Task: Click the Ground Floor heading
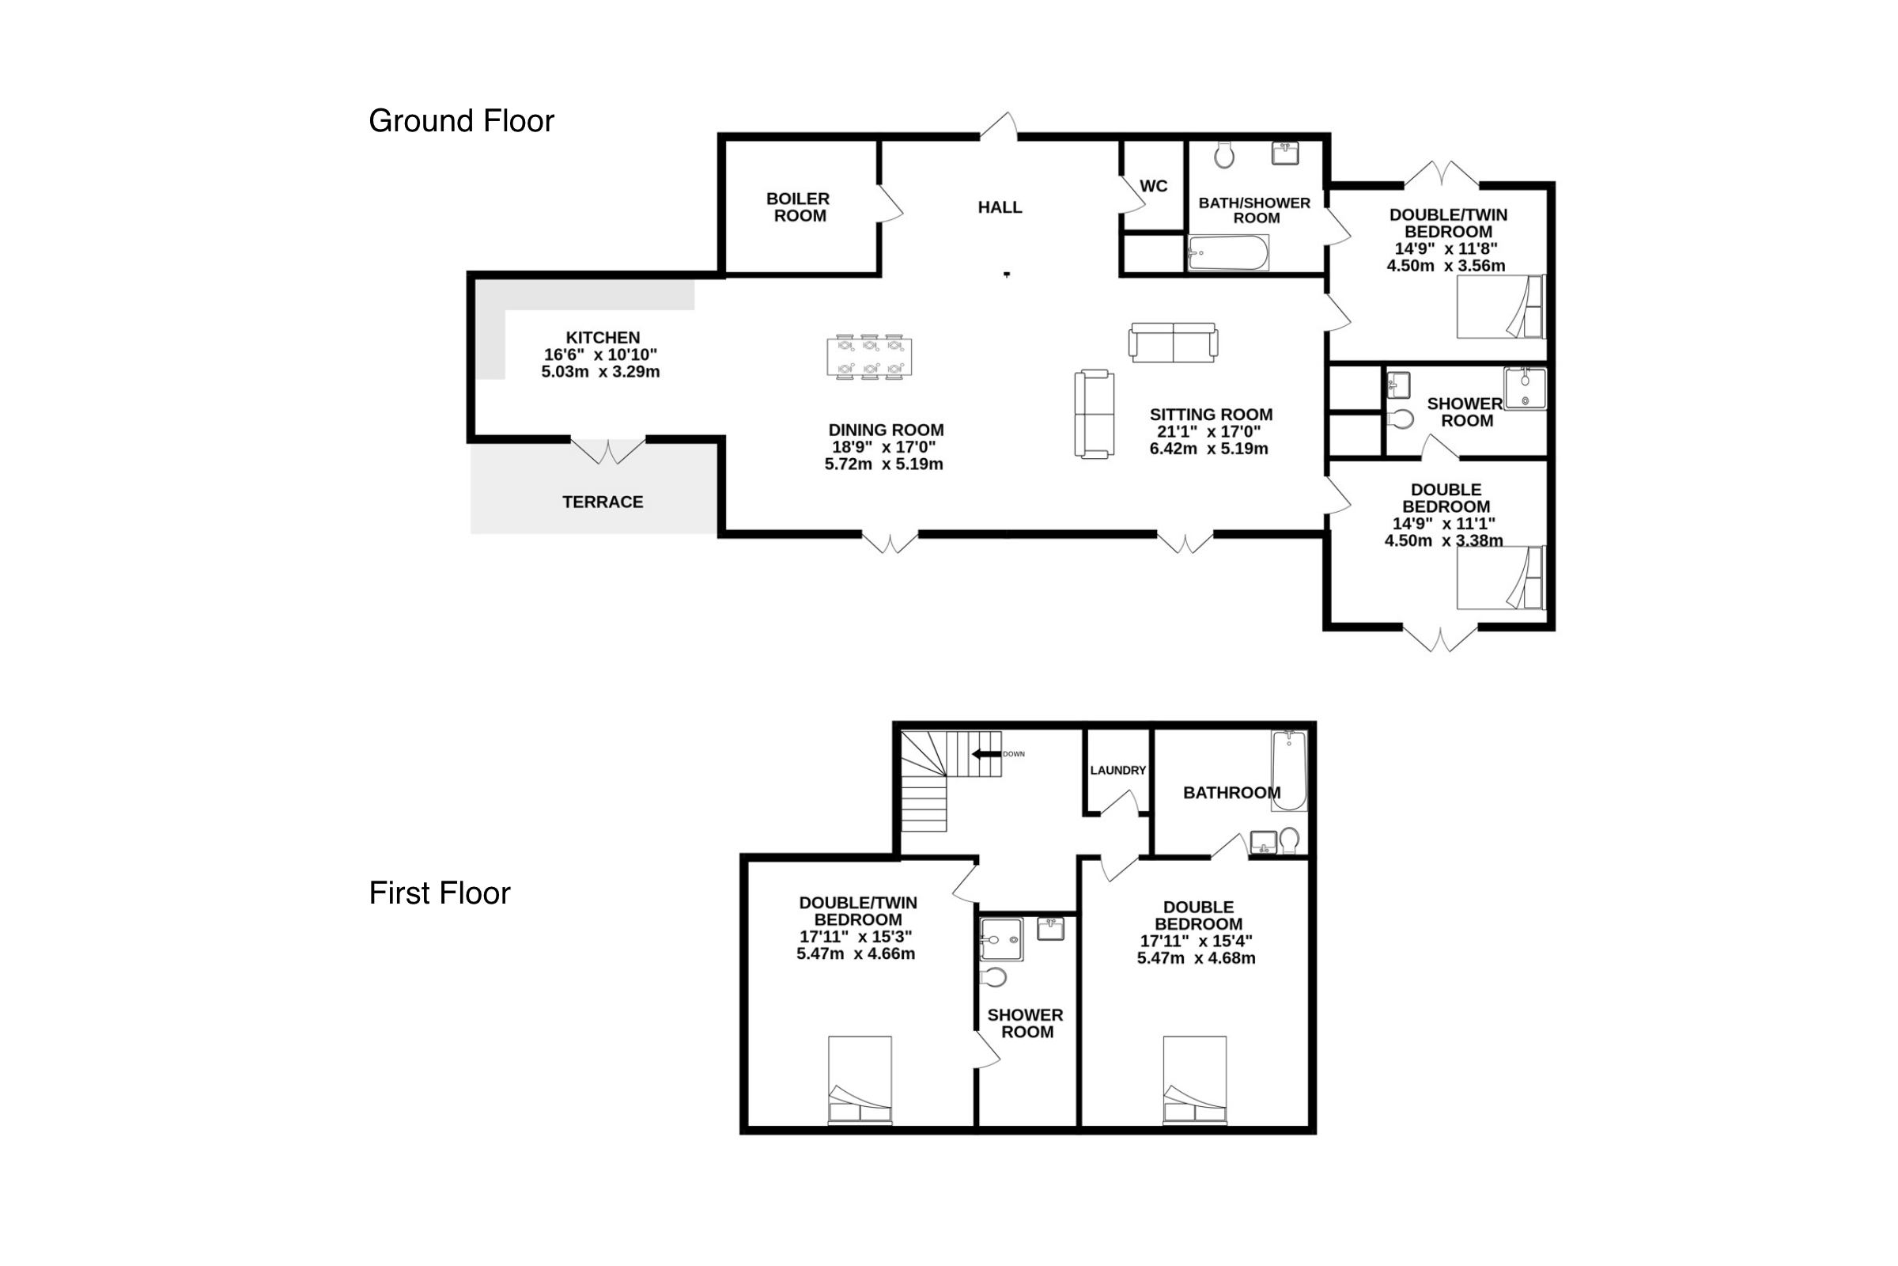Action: click(461, 121)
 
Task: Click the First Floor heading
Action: click(439, 893)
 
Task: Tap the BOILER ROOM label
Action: click(798, 207)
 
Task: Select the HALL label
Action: click(1000, 207)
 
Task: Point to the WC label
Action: click(1153, 187)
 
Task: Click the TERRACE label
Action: click(603, 502)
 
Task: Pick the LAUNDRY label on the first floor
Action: click(1117, 770)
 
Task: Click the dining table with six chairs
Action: click(869, 357)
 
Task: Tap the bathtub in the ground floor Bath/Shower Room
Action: click(1228, 252)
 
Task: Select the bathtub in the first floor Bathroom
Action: click(1289, 770)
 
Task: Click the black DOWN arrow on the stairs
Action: click(986, 754)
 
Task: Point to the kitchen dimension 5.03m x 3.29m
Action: click(600, 372)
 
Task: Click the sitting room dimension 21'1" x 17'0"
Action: click(1209, 432)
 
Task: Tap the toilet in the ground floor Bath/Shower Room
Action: click(1224, 154)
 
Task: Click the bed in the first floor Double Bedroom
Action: click(1194, 1080)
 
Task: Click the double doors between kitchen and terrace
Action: click(607, 450)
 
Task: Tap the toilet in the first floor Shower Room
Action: click(993, 978)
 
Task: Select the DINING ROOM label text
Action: click(885, 430)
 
